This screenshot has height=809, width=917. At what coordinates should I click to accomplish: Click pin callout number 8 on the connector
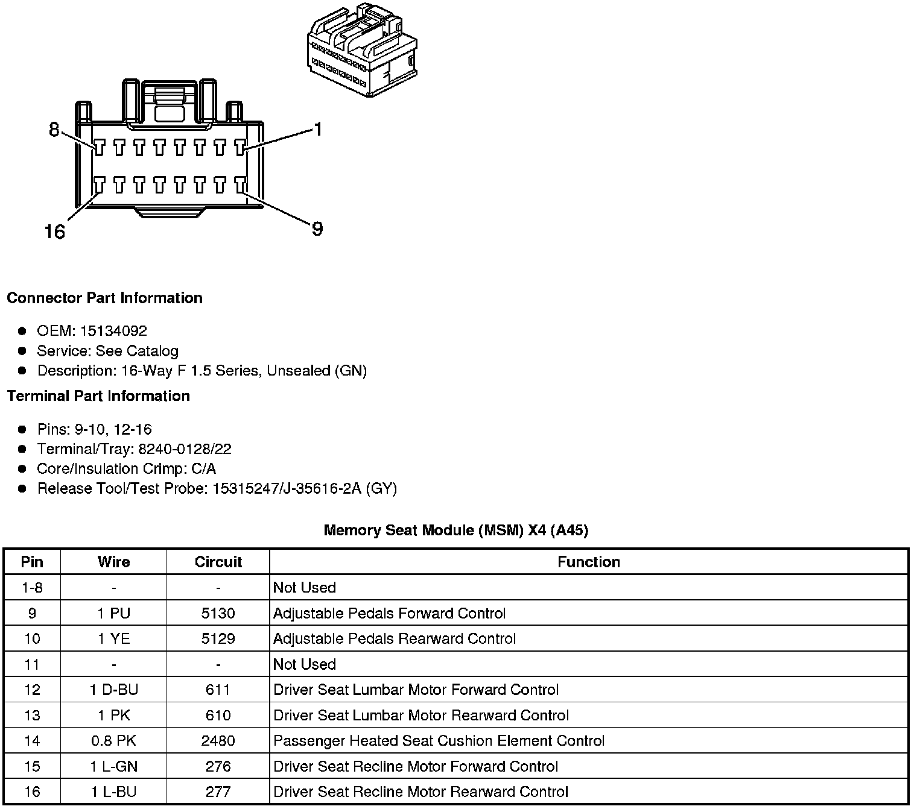point(54,129)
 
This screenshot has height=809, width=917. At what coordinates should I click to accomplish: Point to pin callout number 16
point(55,231)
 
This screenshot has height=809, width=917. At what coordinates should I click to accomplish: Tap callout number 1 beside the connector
point(317,129)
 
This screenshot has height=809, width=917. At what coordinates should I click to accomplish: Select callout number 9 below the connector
point(317,229)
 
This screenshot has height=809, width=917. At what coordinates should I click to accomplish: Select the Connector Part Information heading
point(104,298)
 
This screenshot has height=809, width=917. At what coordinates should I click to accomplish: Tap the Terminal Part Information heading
point(98,396)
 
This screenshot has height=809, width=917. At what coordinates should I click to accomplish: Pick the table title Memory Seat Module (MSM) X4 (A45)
point(456,530)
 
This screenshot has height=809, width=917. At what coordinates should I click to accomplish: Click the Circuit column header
point(218,562)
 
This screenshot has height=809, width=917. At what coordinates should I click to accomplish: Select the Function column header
point(588,562)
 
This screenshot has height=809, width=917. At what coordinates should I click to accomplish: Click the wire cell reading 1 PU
point(113,614)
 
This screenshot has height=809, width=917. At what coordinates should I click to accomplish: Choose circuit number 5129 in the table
point(218,639)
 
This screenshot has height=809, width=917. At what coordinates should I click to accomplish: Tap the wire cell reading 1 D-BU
point(113,690)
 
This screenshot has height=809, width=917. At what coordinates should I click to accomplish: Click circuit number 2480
point(218,741)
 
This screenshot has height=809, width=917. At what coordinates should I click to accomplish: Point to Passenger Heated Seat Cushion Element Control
point(439,741)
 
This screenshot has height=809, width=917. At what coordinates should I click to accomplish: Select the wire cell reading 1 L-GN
point(113,767)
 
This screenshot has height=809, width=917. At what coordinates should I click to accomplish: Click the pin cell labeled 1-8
point(32,588)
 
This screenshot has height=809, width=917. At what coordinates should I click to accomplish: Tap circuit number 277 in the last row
point(218,792)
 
